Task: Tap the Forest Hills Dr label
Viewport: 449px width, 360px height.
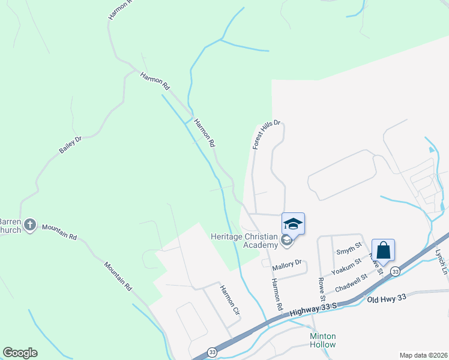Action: tap(267, 134)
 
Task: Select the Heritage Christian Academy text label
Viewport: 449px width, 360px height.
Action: tap(244, 240)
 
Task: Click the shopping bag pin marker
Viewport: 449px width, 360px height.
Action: tap(383, 250)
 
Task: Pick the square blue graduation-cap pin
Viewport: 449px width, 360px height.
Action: tap(293, 224)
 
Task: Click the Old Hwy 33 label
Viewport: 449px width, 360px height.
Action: tap(387, 299)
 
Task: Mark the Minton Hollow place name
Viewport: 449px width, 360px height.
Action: tap(323, 340)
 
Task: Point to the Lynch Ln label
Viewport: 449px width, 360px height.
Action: tap(442, 262)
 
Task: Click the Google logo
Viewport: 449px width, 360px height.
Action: tap(20, 353)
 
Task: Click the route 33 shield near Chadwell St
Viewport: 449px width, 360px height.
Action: tap(394, 272)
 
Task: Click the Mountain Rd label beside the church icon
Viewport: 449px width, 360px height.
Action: tap(59, 232)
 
